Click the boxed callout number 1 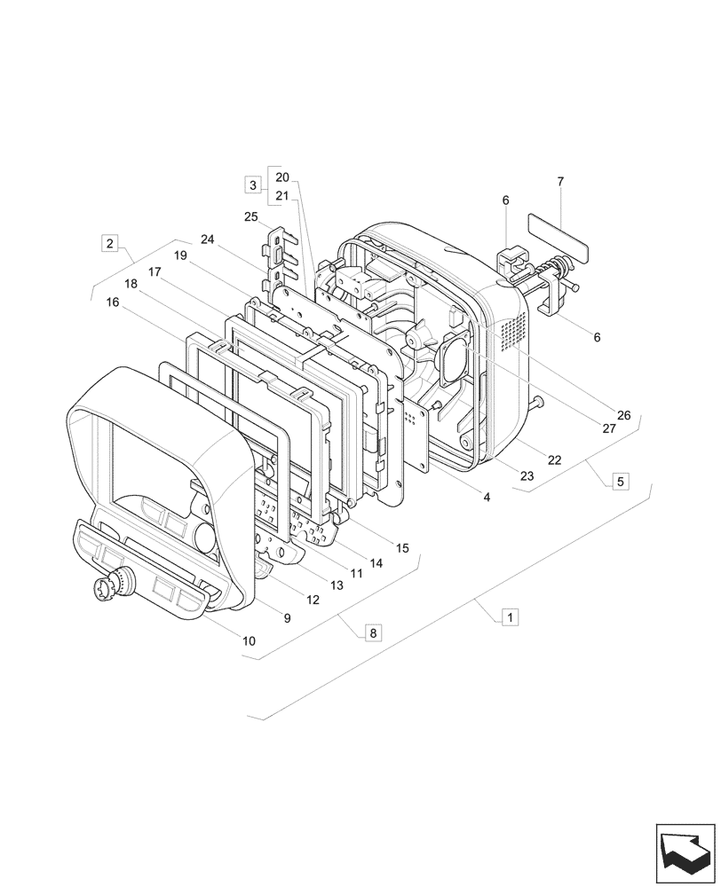click(511, 616)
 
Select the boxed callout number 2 click(109, 242)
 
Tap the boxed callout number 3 click(253, 185)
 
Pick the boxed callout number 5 click(620, 482)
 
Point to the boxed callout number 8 click(373, 632)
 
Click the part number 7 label click(560, 181)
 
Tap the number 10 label click(249, 640)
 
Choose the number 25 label click(251, 216)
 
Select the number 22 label click(554, 459)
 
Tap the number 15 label click(402, 548)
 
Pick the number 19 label click(180, 255)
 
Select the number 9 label click(287, 618)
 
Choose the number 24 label click(208, 239)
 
